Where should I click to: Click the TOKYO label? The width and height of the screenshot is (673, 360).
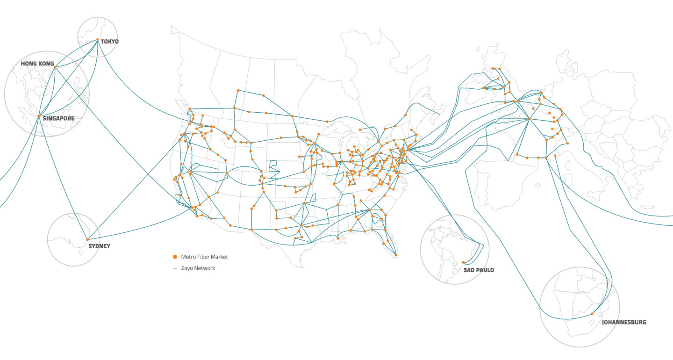110,42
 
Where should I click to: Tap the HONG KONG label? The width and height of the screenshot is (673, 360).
37,64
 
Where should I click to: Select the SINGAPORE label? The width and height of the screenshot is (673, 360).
58,118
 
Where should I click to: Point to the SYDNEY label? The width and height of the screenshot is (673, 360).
99,246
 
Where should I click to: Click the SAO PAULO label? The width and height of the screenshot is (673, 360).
479,270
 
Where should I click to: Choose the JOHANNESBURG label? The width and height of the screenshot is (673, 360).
624,322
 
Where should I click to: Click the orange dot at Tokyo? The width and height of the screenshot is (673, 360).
97,40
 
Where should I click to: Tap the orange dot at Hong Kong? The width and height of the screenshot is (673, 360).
55,67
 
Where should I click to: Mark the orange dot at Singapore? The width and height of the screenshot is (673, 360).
39,116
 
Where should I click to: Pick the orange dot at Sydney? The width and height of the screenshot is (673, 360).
87,240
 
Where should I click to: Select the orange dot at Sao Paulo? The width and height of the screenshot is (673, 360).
463,262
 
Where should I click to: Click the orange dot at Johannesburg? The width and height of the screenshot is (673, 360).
592,314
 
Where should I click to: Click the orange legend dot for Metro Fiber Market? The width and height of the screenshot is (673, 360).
175,257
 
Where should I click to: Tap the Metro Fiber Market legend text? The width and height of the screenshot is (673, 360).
204,257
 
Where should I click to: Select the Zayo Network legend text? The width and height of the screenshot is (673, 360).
198,268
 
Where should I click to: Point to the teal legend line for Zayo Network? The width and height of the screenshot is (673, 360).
175,268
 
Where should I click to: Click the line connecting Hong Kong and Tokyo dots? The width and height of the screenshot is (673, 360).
77,53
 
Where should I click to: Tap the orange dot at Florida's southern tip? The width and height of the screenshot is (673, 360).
396,255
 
